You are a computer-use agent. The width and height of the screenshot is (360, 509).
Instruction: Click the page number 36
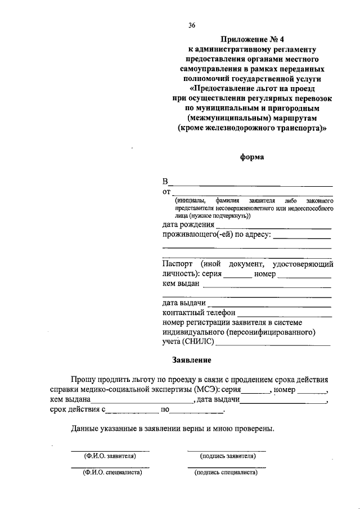192,25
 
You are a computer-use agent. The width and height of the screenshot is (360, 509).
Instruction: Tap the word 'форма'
251,158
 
